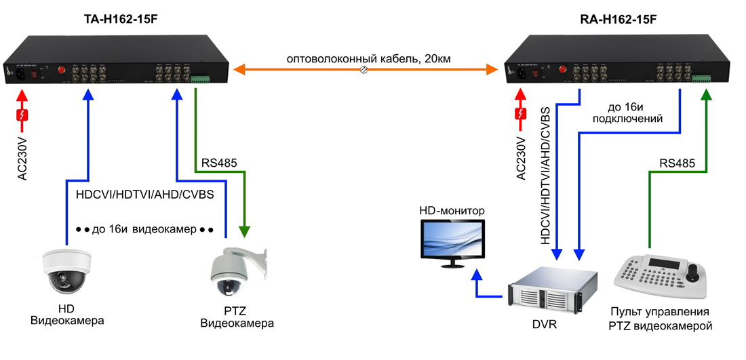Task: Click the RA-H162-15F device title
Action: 619,20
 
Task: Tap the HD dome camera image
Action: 66,271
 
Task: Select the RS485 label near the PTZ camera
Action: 218,163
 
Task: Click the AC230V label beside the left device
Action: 22,157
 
